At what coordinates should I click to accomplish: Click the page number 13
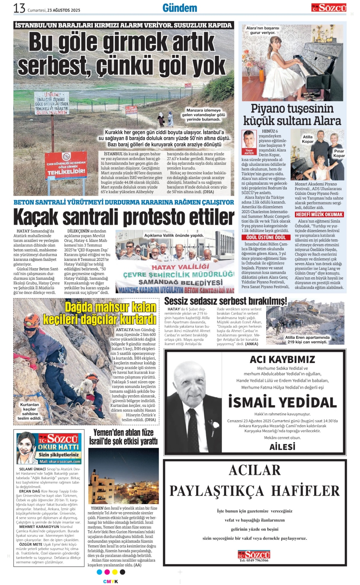(x=19, y=8)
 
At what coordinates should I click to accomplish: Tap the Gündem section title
(x=180, y=8)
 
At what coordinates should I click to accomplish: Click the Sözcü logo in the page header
(x=329, y=7)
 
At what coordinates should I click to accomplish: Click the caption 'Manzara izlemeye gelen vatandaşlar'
(x=204, y=115)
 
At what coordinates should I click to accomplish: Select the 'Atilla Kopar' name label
(x=307, y=139)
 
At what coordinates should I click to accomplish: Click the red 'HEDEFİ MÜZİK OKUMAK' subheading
(x=319, y=214)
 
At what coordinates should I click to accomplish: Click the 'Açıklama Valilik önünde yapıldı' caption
(x=174, y=235)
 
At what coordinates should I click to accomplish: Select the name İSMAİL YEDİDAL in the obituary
(x=282, y=402)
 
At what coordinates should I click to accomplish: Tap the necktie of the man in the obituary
(x=193, y=430)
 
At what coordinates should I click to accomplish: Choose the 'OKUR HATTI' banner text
(x=58, y=447)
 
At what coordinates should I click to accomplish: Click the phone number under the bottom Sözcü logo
(x=254, y=560)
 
